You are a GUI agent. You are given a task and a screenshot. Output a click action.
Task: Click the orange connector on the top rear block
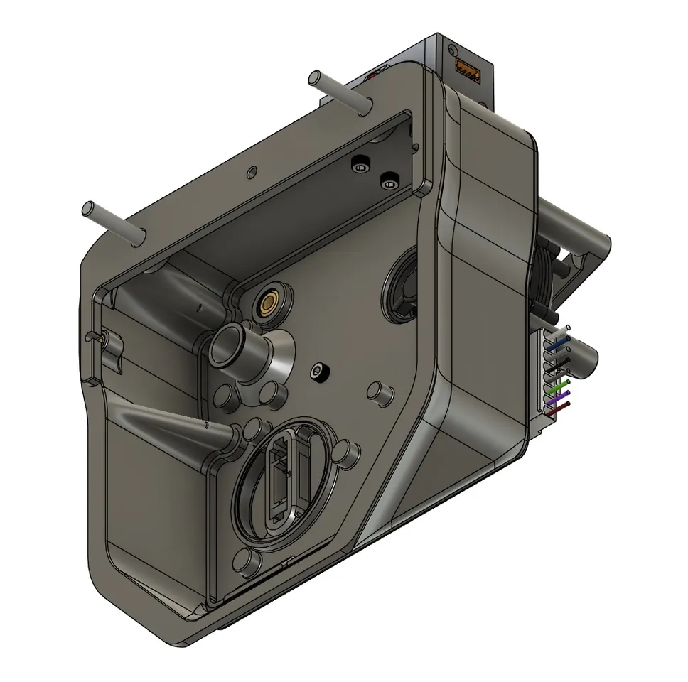coord(466,68)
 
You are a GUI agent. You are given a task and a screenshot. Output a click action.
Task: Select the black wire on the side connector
coord(561,364)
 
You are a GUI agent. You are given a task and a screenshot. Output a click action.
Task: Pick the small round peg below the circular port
coord(251,562)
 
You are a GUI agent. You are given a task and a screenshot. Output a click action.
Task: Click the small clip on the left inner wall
coord(104,341)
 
